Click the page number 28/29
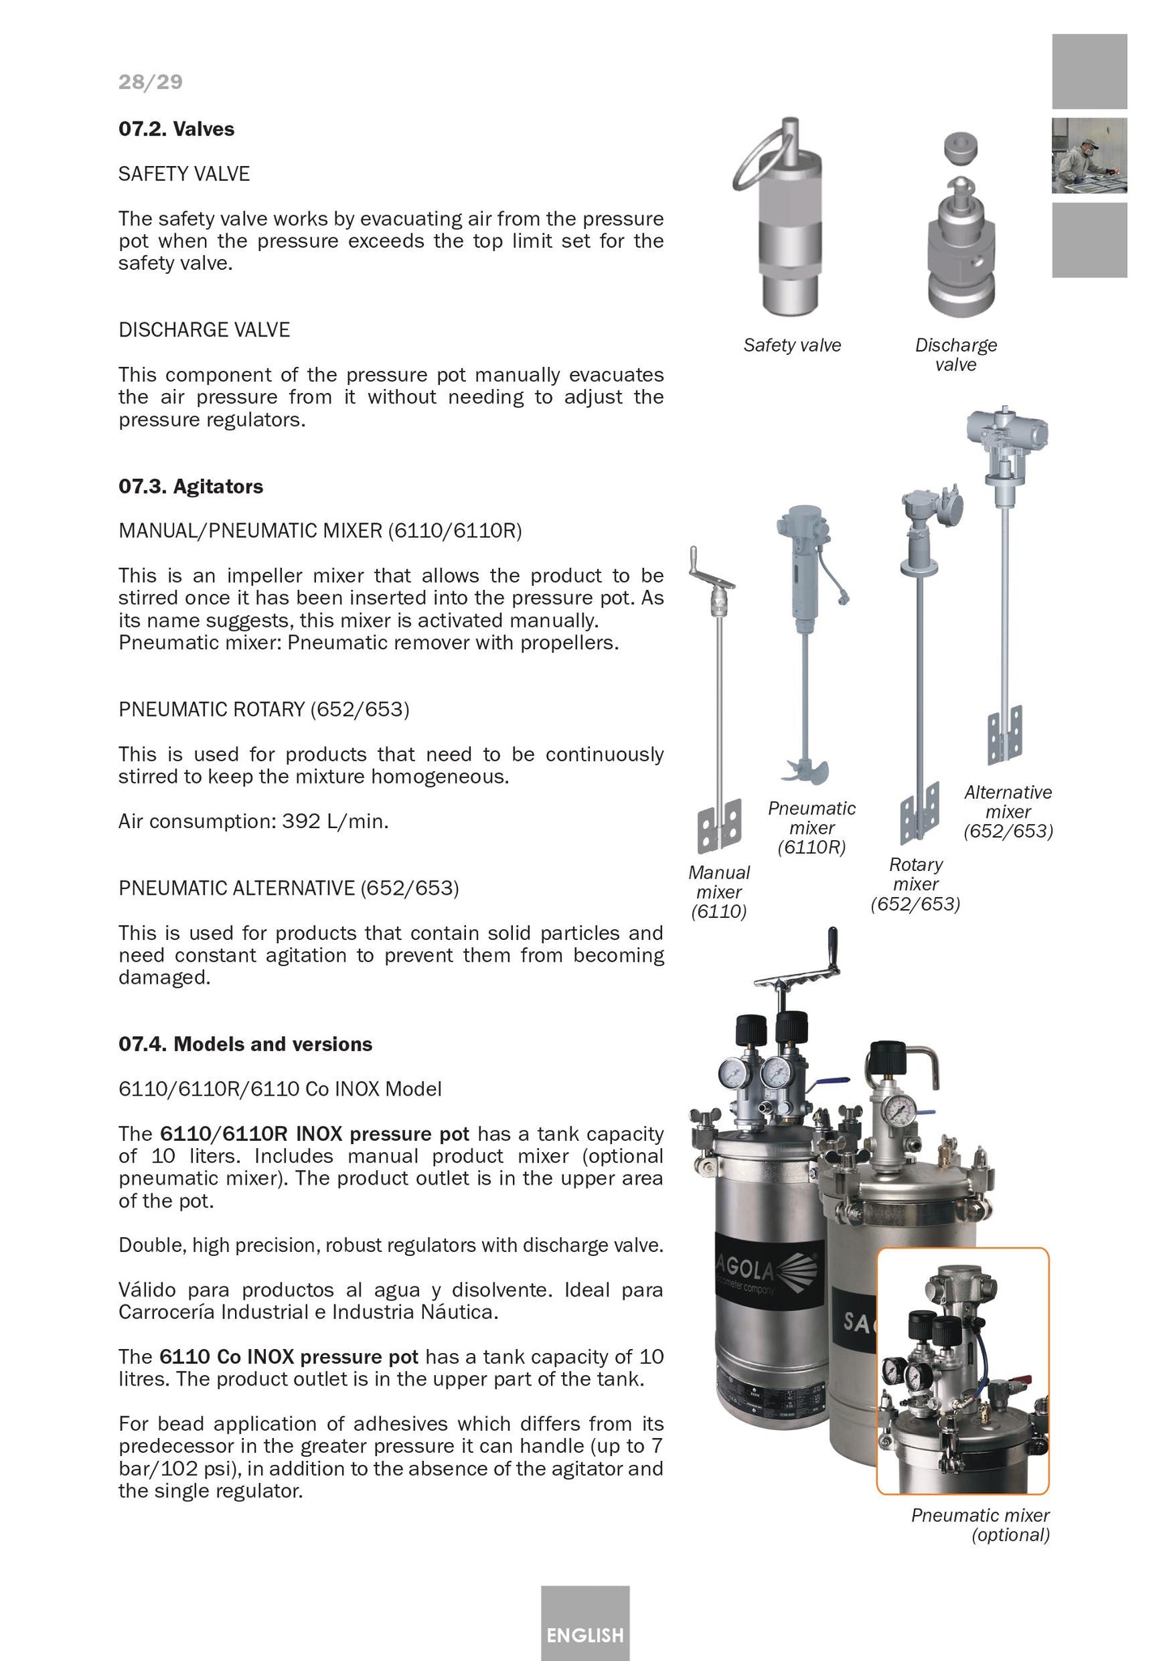click(150, 82)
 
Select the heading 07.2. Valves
click(176, 130)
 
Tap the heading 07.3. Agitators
click(190, 487)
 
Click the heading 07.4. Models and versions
click(245, 1044)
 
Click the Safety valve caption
click(792, 346)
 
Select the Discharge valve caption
click(955, 355)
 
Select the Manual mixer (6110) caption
click(719, 892)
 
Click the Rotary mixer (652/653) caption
click(915, 885)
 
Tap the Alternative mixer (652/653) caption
click(1007, 812)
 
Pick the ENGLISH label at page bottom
click(584, 1635)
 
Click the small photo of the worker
click(1088, 156)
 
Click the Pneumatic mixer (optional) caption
click(980, 1525)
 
